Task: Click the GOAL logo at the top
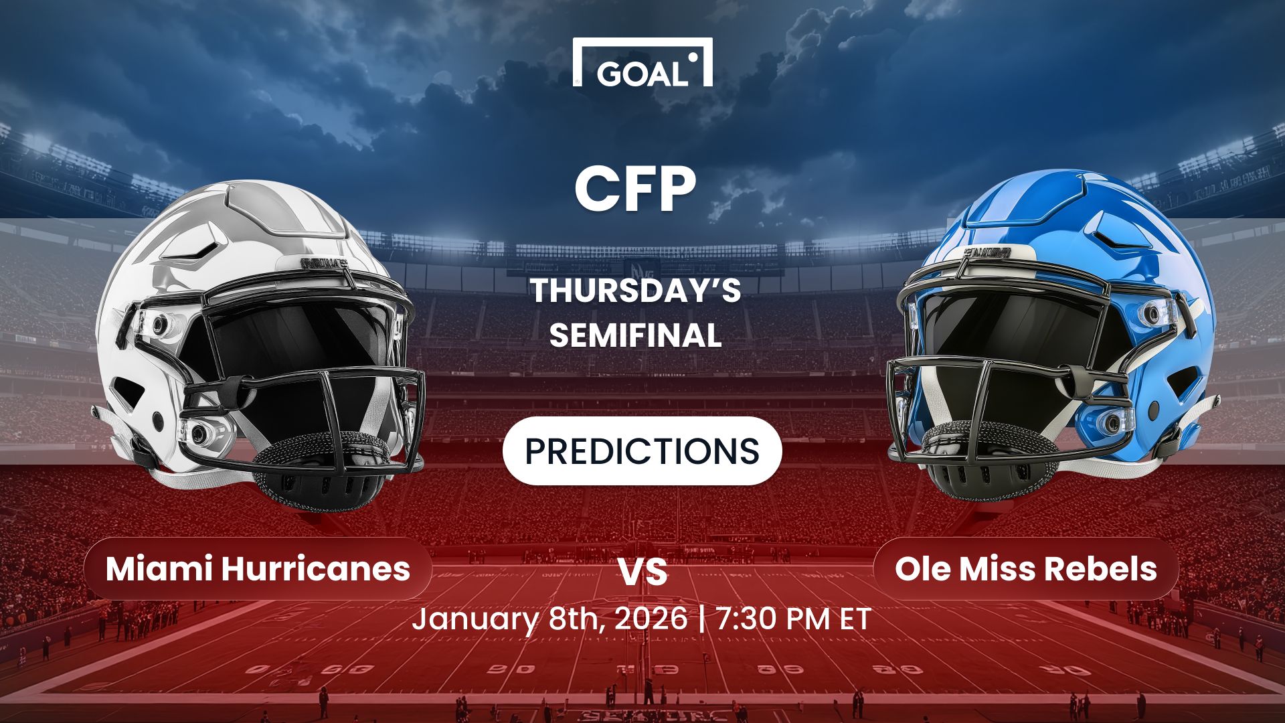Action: pos(642,64)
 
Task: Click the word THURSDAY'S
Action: pos(635,291)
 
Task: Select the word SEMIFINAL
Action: pos(635,335)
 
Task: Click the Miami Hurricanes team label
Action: pos(258,568)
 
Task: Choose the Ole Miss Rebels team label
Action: pos(1025,568)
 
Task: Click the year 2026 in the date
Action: pos(651,619)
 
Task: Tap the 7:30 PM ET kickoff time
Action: pos(793,619)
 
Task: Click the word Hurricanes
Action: pos(315,568)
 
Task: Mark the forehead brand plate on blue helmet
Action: pos(987,253)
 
